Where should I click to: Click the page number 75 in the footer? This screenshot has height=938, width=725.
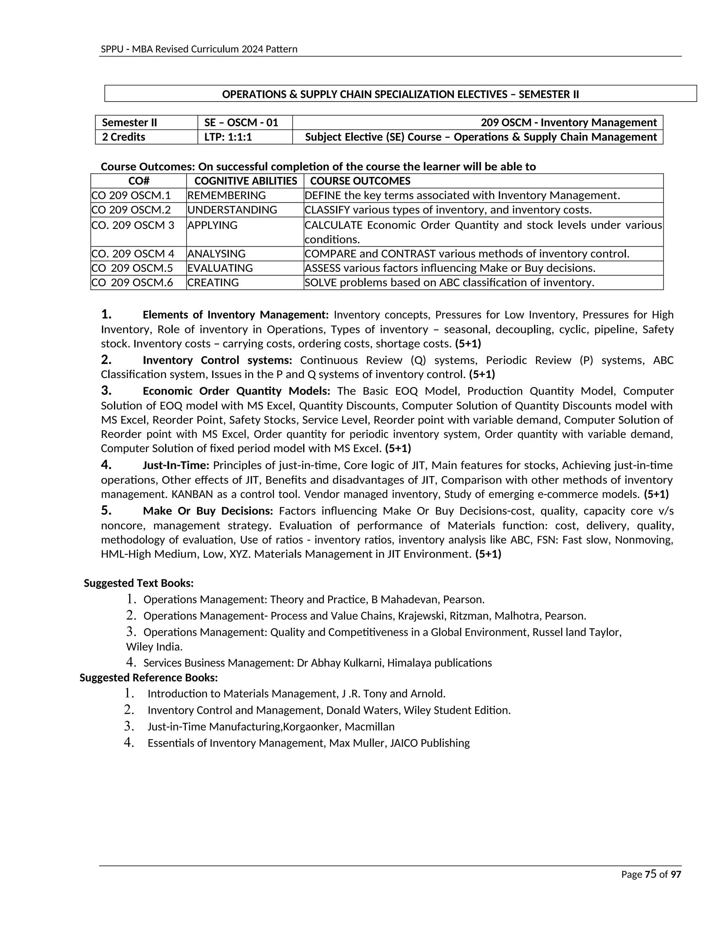coord(650,874)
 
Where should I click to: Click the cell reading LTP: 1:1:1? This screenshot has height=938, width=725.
coord(228,137)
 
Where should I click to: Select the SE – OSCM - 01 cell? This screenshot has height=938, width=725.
coord(241,122)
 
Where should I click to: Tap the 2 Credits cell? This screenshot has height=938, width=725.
coord(124,137)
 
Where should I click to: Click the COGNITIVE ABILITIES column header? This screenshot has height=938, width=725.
coord(245,181)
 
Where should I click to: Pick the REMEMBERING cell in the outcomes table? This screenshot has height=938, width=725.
coord(226,195)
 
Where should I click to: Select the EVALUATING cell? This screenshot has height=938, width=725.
coord(220,268)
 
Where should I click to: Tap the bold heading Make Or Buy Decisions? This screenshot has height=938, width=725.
coord(208,511)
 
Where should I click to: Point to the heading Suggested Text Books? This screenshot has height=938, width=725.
coord(138,583)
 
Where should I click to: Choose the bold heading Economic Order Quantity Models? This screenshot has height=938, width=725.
coord(236,391)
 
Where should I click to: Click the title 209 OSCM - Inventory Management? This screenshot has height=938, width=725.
coord(568,122)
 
